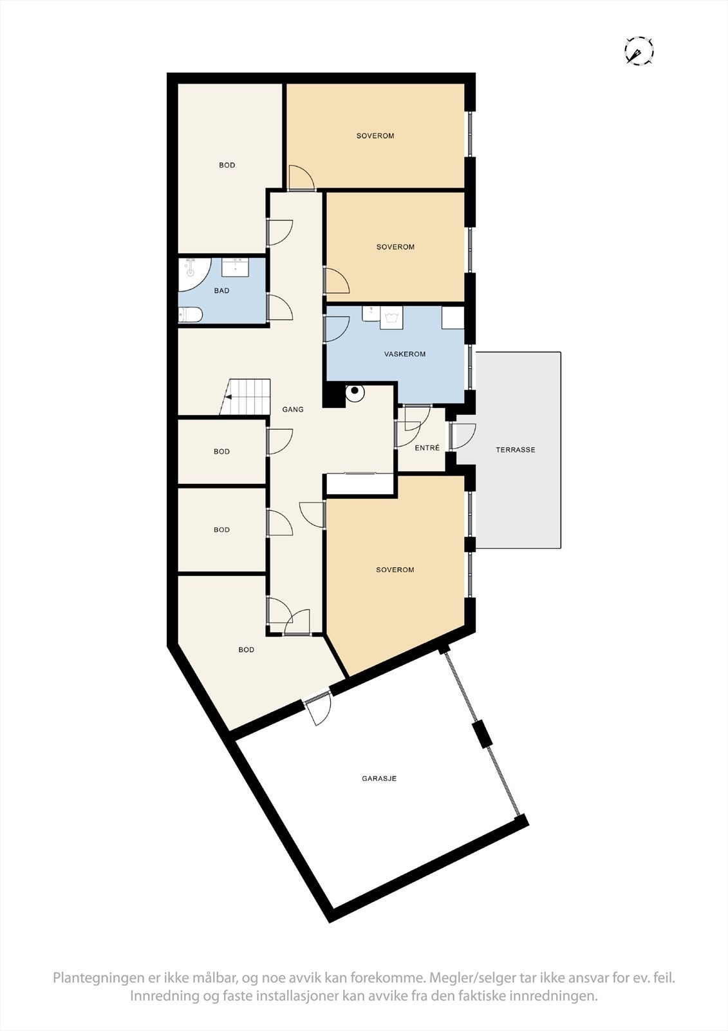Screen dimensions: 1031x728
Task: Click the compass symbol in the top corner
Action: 639,51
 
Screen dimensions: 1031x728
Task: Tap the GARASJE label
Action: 379,778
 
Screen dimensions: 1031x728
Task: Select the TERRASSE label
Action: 515,450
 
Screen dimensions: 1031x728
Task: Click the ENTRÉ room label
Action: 427,448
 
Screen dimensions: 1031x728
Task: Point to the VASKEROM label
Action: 405,354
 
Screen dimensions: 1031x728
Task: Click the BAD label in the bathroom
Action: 221,291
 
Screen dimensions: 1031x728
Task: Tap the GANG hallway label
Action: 293,409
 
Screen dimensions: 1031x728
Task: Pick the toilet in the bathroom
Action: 191,315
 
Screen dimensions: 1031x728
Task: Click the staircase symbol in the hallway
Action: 246,396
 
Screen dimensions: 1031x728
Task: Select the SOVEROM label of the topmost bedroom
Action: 375,136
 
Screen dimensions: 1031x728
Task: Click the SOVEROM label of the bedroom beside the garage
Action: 395,570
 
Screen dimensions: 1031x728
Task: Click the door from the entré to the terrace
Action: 462,437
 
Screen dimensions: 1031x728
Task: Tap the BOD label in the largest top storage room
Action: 227,166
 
